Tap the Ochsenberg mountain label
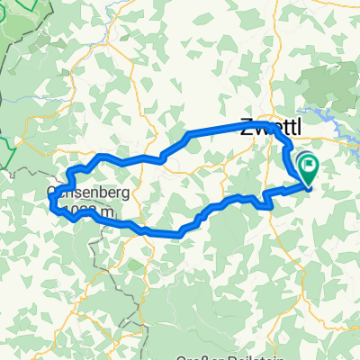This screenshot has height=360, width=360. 90,193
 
